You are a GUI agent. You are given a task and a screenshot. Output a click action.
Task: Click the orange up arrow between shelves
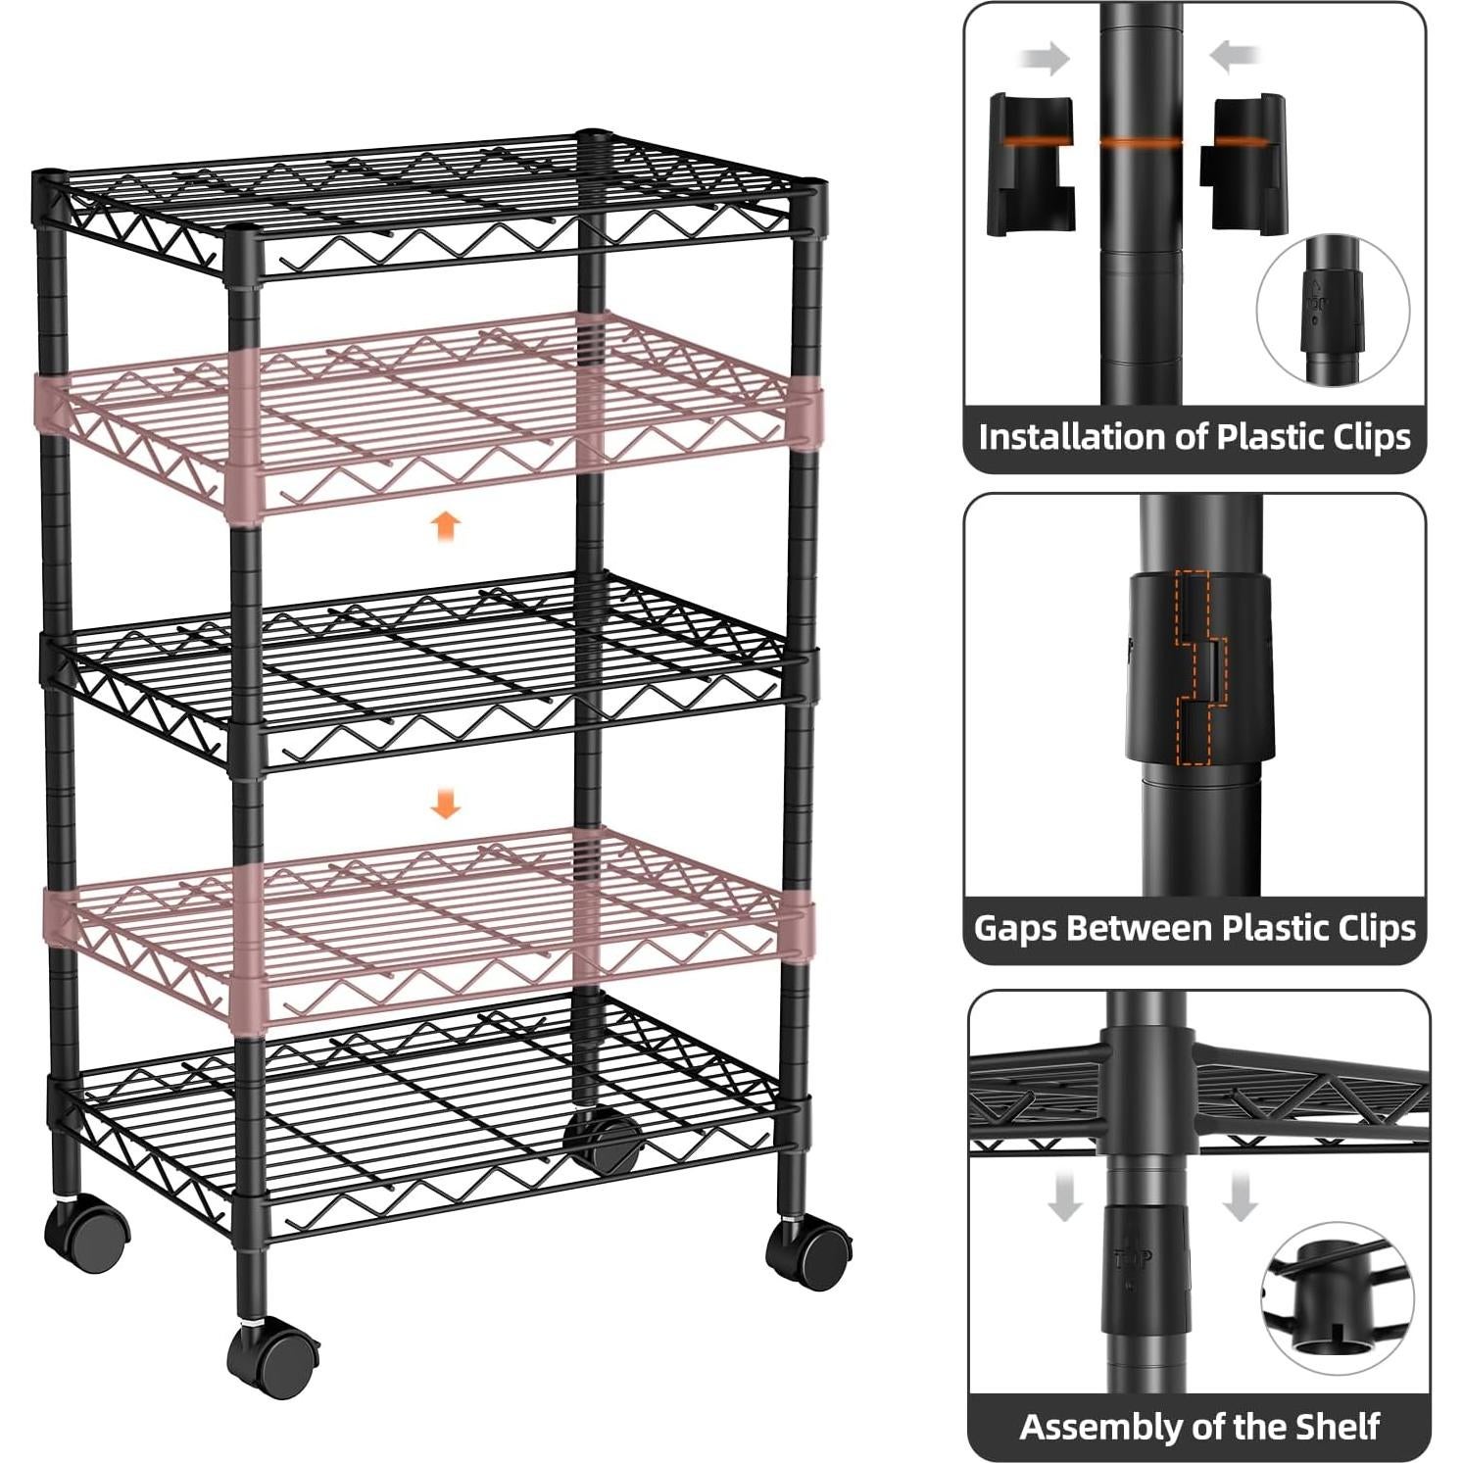[x=446, y=526]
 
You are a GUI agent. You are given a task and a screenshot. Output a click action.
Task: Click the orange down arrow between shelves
[x=446, y=805]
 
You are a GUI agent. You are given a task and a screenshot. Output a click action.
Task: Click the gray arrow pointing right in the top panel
[x=1047, y=59]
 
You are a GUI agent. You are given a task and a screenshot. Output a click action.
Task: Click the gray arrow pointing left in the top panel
[x=1236, y=57]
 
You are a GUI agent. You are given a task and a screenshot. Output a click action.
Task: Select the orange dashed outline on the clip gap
[x=1195, y=667]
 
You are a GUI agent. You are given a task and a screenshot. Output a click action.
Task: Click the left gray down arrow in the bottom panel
[x=1064, y=1198]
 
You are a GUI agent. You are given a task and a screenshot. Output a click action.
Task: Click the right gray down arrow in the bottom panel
[x=1240, y=1198]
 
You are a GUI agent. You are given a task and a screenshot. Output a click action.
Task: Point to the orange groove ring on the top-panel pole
[x=1141, y=142]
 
